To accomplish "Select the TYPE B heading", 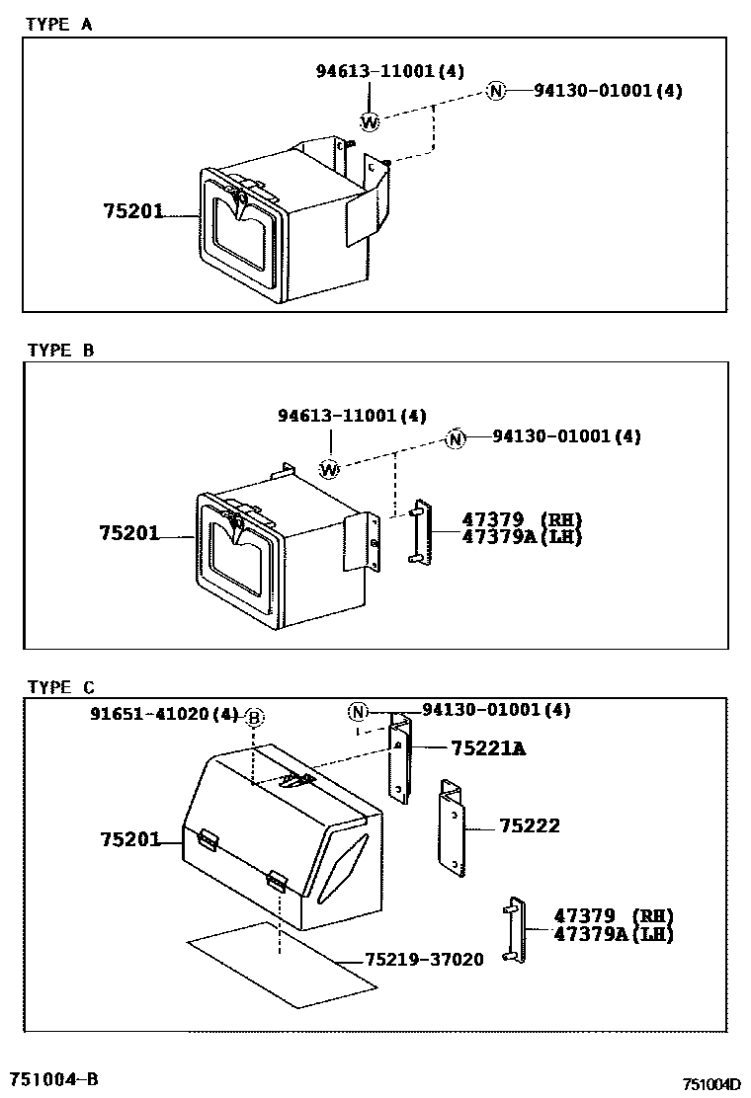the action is click(x=60, y=350).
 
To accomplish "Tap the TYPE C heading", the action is click(x=60, y=687).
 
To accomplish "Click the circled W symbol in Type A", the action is click(x=369, y=122).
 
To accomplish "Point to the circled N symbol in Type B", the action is click(x=455, y=437).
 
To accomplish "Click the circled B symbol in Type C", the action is click(x=254, y=718).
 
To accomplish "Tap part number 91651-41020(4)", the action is click(x=163, y=713).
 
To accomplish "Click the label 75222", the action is click(x=529, y=826).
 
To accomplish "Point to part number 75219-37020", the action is click(x=424, y=960).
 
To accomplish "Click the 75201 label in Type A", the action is click(x=131, y=211).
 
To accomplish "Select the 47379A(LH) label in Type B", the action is click(x=522, y=537).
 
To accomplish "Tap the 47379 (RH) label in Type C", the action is click(x=613, y=915).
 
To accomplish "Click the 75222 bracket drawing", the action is click(x=451, y=826).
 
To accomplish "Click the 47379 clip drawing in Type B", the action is click(x=418, y=533).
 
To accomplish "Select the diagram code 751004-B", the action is click(x=54, y=1078).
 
